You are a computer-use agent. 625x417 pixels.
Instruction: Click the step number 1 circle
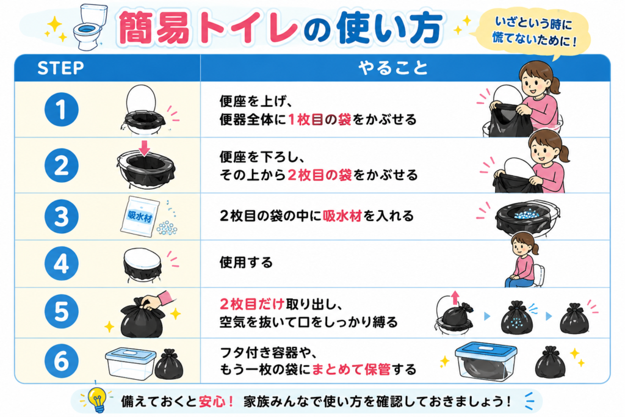click(62, 110)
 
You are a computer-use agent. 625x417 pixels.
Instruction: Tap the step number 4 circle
click(62, 263)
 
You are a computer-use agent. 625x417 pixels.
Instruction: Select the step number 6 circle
click(62, 361)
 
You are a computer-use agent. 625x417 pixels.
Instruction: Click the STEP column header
click(60, 68)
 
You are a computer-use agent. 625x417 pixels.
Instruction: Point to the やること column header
click(393, 68)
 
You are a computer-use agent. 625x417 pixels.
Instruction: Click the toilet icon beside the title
click(90, 27)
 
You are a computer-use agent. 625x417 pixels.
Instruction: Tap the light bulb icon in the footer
click(97, 399)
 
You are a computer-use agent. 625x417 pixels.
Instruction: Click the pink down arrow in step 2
click(144, 148)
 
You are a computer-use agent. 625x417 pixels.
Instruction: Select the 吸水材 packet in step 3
click(139, 217)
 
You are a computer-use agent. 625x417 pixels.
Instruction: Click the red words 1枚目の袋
click(319, 119)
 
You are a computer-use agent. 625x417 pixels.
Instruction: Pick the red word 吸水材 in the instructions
click(342, 216)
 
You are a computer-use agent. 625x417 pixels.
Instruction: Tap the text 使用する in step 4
click(246, 263)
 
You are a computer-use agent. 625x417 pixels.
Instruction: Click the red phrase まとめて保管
click(351, 369)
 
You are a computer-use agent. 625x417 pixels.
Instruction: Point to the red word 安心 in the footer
click(212, 401)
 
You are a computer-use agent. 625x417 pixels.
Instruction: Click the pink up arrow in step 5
click(455, 298)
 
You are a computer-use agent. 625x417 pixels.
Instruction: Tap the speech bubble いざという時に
click(533, 32)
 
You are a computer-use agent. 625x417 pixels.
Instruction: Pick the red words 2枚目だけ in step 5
click(251, 304)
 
